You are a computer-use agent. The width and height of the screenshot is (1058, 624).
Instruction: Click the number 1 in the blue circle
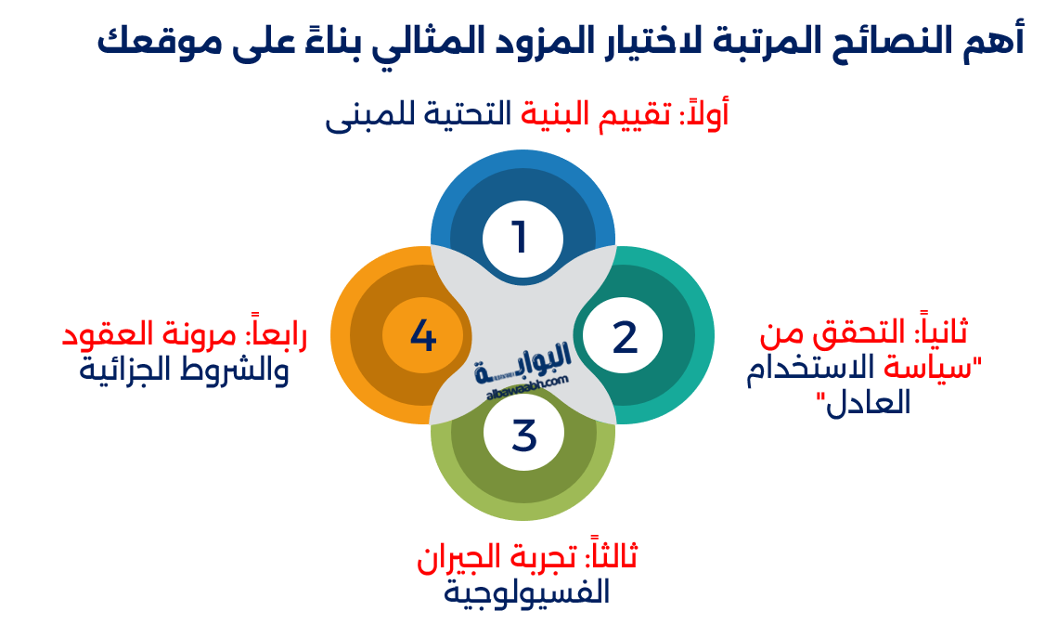click(520, 237)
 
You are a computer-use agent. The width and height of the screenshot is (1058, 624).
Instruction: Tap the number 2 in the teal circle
click(625, 337)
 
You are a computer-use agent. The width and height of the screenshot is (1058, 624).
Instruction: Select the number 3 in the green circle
click(524, 435)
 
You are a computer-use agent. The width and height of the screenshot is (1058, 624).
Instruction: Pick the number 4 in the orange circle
click(423, 335)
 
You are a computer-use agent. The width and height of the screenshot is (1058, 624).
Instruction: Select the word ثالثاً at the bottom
click(612, 557)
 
